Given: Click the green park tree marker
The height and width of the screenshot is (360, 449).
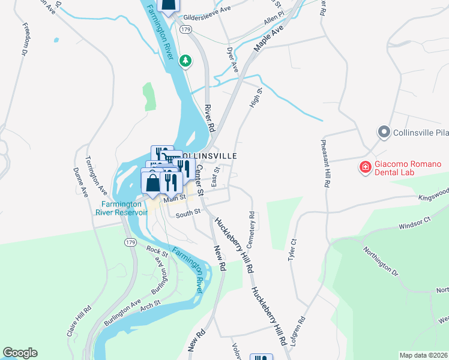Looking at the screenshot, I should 186,60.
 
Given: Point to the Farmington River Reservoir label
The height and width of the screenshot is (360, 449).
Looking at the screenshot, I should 124,208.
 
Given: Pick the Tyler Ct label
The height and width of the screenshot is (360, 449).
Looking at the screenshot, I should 292,248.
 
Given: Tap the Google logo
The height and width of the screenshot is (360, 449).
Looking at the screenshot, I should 20,353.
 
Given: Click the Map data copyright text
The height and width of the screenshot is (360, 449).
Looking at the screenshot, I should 423,355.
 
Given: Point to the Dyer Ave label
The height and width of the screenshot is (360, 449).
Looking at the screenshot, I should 233,60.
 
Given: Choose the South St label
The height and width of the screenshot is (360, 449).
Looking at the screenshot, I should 188,212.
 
